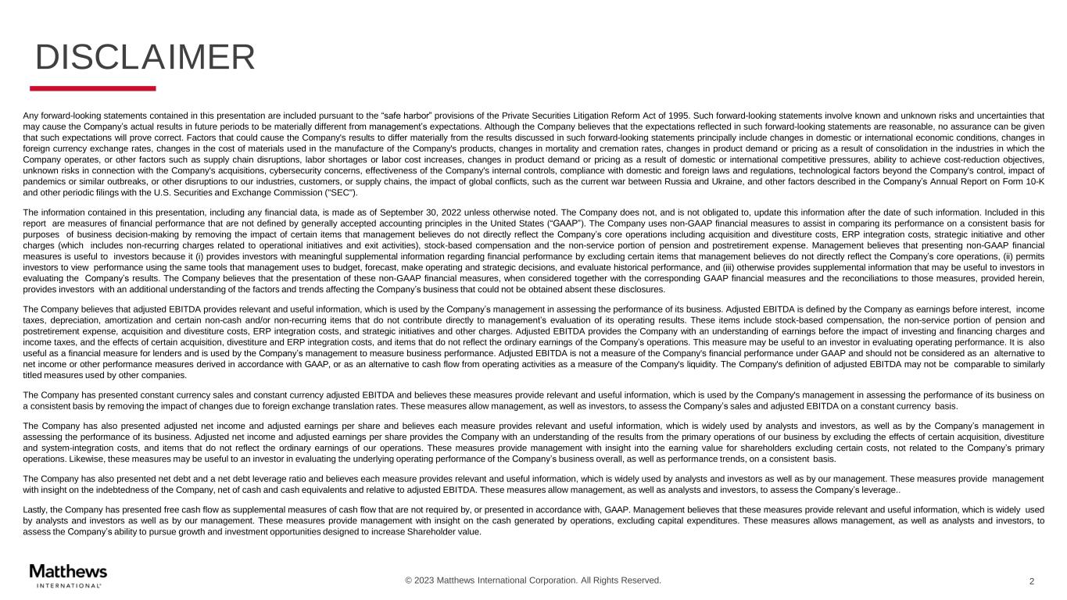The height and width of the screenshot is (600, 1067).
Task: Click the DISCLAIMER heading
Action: (145, 58)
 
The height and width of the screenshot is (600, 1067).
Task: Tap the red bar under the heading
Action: (93, 88)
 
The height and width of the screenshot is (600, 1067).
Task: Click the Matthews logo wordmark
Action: (68, 571)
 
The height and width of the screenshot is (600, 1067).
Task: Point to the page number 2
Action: (1032, 581)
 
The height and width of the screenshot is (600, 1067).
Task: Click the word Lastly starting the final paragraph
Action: (37, 509)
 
